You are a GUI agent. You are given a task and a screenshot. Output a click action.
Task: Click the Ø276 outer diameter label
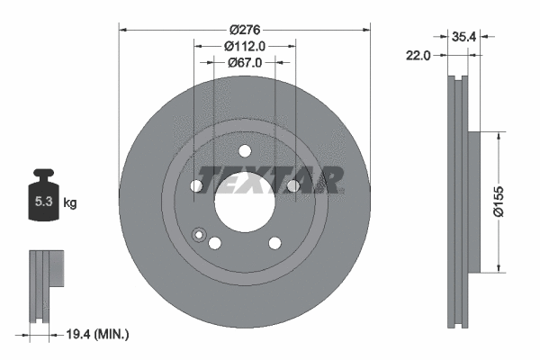pyautogui.click(x=245, y=29)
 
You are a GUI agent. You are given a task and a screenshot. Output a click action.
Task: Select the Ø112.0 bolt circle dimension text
pyautogui.click(x=245, y=46)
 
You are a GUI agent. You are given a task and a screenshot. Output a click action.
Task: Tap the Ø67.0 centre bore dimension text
pyautogui.click(x=245, y=62)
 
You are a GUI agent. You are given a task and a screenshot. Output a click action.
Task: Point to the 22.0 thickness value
pyautogui.click(x=419, y=55)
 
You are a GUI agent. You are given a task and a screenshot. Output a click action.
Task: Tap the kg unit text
pyautogui.click(x=70, y=203)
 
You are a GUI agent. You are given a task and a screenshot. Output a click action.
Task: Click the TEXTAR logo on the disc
pyautogui.click(x=270, y=180)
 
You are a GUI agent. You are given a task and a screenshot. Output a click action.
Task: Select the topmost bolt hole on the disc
pyautogui.click(x=245, y=150)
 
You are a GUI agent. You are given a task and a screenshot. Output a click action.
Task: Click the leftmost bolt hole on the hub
pyautogui.click(x=197, y=185)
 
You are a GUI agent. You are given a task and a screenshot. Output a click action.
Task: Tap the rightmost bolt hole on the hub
pyautogui.click(x=292, y=185)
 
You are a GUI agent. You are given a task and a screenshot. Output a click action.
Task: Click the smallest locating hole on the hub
pyautogui.click(x=200, y=237)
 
